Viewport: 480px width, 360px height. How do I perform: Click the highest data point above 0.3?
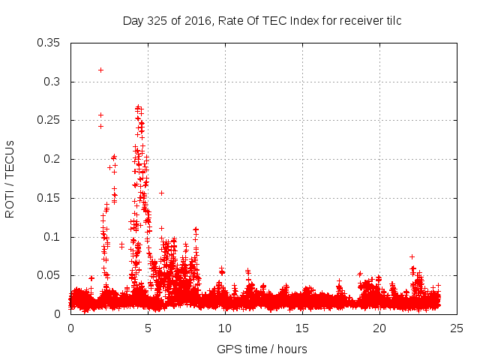click(100, 70)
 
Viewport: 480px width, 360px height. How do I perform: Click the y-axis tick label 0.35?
click(50, 43)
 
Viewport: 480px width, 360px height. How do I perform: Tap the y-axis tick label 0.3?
click(53, 82)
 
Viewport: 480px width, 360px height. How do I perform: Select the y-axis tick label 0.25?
click(50, 121)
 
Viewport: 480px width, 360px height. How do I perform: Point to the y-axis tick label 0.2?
click(53, 159)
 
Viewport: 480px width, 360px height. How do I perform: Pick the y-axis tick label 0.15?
click(50, 198)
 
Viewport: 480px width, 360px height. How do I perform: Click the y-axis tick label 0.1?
click(53, 237)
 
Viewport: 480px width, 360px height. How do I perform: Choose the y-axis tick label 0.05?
click(50, 276)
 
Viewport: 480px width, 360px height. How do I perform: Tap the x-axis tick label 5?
click(148, 328)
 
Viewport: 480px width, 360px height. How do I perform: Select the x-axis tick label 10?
click(225, 328)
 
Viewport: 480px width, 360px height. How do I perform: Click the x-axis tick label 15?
click(302, 328)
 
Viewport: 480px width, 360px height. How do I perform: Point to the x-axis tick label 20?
click(379, 328)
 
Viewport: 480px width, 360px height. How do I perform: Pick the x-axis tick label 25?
click(457, 328)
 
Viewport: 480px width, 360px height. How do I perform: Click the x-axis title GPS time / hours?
click(262, 349)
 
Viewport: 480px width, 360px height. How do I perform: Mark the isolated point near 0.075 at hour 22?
click(412, 256)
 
